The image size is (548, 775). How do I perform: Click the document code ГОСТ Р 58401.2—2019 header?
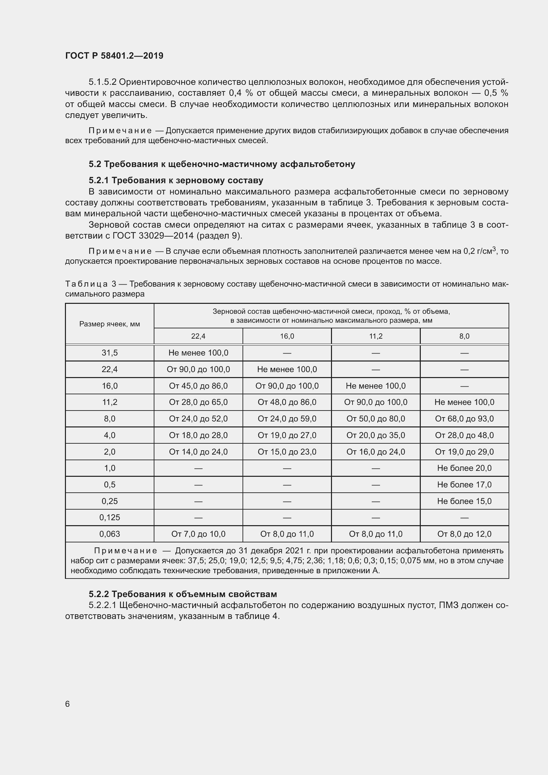pyautogui.click(x=114, y=56)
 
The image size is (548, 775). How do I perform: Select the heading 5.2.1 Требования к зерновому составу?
pyautogui.click(x=176, y=180)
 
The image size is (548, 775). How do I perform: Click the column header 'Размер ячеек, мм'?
pyautogui.click(x=109, y=324)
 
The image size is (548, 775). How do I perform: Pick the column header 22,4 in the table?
pyautogui.click(x=198, y=336)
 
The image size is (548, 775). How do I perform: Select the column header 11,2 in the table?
pyautogui.click(x=376, y=336)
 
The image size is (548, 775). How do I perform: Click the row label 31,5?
pyautogui.click(x=109, y=353)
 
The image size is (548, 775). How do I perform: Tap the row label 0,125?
pyautogui.click(x=109, y=518)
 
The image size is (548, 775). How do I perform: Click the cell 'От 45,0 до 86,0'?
pyautogui.click(x=198, y=386)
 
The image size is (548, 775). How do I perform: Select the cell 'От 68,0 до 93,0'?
pyautogui.click(x=464, y=418)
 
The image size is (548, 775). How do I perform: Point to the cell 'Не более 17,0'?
pyautogui.click(x=464, y=485)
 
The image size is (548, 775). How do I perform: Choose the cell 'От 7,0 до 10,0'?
pyautogui.click(x=198, y=534)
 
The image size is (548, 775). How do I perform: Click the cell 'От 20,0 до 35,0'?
pyautogui.click(x=376, y=435)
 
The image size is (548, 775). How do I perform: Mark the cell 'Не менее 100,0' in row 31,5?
pyautogui.click(x=198, y=353)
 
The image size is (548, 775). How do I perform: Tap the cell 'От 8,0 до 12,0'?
pyautogui.click(x=464, y=534)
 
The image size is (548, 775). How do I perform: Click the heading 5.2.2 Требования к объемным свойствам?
pyautogui.click(x=183, y=594)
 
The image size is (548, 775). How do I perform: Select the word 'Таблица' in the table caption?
pyautogui.click(x=86, y=284)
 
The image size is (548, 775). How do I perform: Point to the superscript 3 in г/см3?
pyautogui.click(x=494, y=249)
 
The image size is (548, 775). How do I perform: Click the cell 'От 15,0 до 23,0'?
pyautogui.click(x=287, y=452)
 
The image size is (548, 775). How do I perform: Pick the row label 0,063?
pyautogui.click(x=109, y=534)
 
